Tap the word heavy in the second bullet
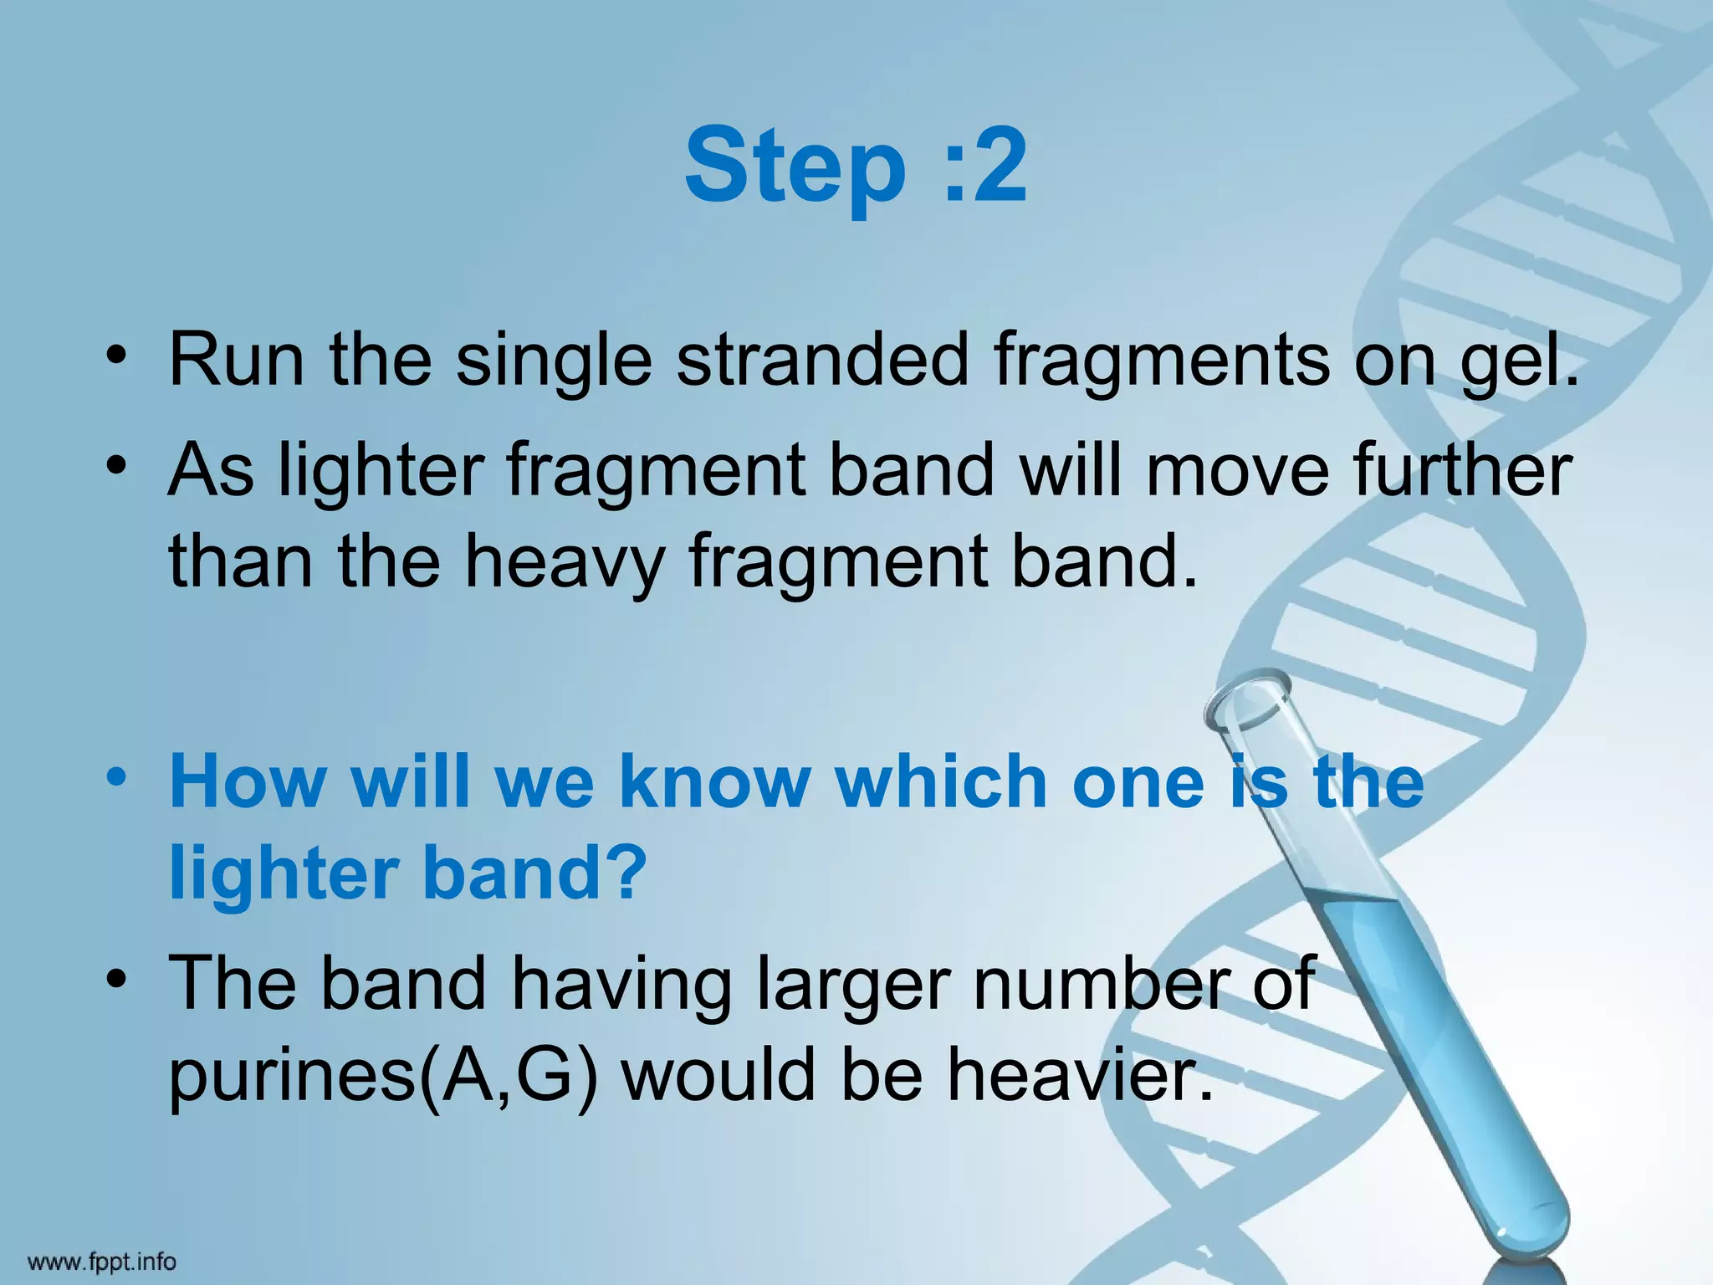(x=565, y=562)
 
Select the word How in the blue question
(x=248, y=782)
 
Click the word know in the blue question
(x=715, y=782)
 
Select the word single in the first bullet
(x=553, y=361)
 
